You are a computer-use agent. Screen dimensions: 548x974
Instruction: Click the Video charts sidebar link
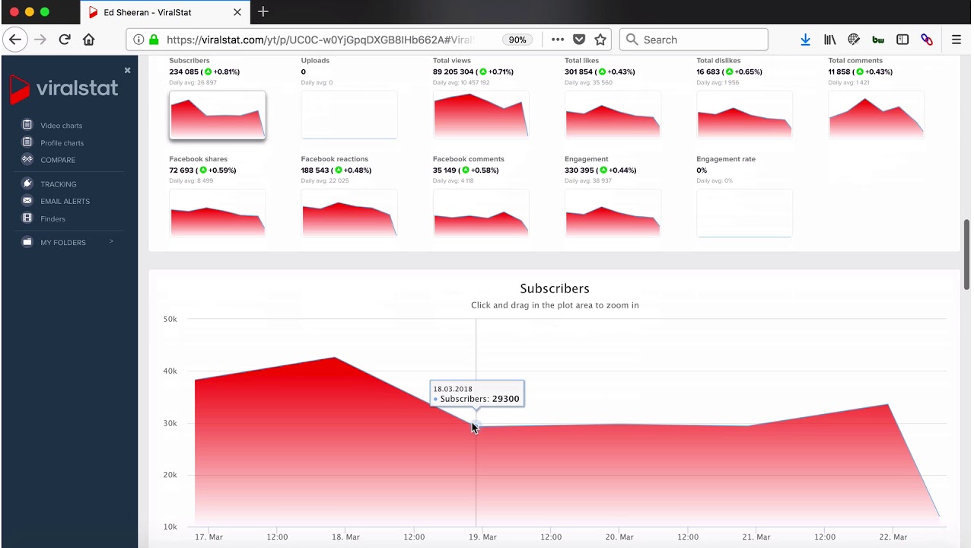click(x=61, y=126)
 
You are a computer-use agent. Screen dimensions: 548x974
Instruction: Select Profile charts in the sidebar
click(x=62, y=143)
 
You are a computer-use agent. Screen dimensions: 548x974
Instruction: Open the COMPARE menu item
click(x=58, y=160)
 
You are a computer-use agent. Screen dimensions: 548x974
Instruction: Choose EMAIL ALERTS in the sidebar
click(x=65, y=201)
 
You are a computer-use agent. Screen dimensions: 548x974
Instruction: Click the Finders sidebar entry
click(x=53, y=218)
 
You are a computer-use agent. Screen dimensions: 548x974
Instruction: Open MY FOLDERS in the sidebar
click(x=63, y=242)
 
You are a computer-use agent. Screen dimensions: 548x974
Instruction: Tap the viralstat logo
click(x=64, y=88)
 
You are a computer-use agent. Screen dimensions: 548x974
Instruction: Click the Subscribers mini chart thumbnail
click(x=217, y=116)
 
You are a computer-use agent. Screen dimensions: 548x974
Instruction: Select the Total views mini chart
click(x=481, y=116)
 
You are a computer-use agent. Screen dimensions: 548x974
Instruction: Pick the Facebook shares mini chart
click(x=217, y=213)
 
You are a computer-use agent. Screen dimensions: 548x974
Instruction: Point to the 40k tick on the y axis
click(x=170, y=371)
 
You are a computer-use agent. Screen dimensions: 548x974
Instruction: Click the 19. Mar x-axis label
click(x=482, y=537)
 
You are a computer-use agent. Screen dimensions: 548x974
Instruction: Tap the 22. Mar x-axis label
click(x=893, y=537)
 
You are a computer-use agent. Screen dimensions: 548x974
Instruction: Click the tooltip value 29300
click(x=505, y=399)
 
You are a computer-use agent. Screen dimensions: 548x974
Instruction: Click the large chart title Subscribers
click(x=554, y=288)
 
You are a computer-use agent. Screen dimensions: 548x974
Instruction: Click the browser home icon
click(x=89, y=40)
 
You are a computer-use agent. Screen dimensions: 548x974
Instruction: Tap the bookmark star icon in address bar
click(x=600, y=40)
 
